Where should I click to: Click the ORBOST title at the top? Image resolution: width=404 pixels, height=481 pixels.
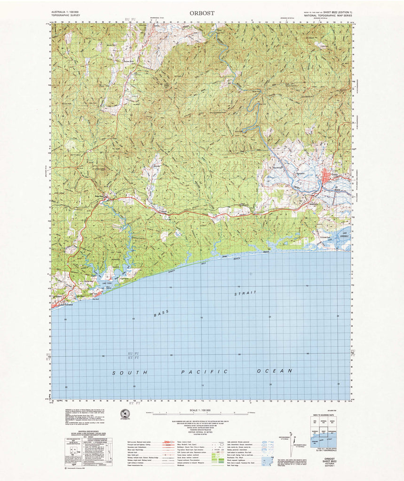coord(202,13)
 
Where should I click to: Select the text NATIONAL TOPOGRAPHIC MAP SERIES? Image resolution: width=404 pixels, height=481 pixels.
coord(328,16)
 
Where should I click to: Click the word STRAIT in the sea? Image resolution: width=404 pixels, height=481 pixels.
coord(246,293)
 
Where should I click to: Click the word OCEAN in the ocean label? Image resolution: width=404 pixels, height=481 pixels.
coord(275,371)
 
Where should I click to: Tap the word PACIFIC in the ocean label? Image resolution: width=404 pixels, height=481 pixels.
coord(205,372)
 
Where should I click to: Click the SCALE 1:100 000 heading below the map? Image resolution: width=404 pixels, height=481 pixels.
coord(203,410)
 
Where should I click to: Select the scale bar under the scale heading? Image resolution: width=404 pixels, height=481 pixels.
coord(203,414)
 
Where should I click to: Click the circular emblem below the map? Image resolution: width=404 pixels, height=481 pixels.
coord(125,414)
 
